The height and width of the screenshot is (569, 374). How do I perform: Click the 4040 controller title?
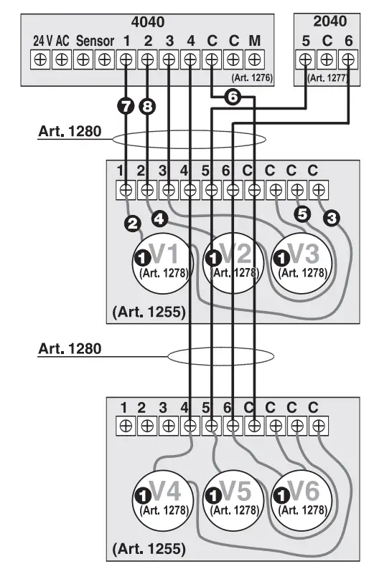coord(148,22)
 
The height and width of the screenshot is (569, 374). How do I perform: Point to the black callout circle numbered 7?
coord(127,107)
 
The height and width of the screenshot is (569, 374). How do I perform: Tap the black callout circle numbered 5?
coord(302,213)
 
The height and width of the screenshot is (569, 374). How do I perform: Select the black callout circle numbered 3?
coord(332,216)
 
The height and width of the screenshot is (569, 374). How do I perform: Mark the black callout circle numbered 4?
coord(159,216)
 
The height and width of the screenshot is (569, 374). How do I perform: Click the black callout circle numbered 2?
coord(132,224)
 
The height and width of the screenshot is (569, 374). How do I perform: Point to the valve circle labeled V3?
coord(302,261)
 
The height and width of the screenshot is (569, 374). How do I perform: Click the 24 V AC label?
coord(51,41)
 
